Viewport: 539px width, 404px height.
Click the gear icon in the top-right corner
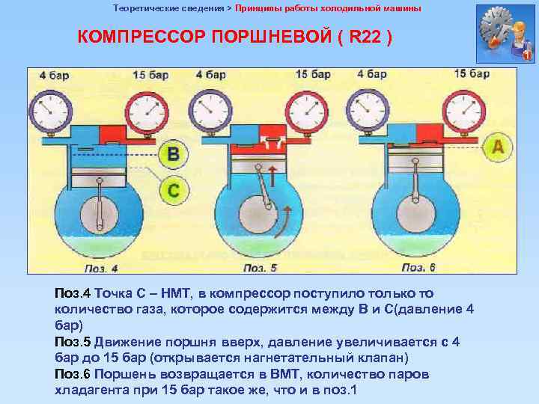[x=504, y=34]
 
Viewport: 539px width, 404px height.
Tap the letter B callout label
[x=173, y=155]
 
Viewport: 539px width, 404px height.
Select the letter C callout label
[x=173, y=192]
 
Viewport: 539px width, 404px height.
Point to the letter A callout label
[x=497, y=147]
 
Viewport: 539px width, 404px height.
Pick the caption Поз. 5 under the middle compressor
[x=261, y=267]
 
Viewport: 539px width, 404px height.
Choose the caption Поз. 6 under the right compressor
[x=419, y=267]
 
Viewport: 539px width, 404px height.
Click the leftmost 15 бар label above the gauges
[x=150, y=74]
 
